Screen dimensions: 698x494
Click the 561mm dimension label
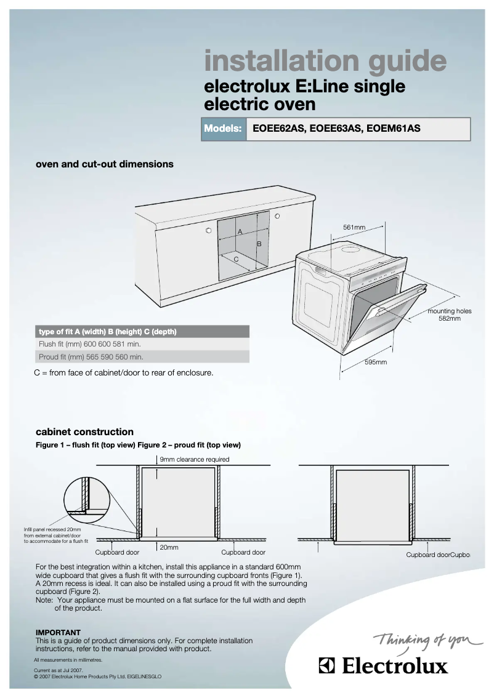tap(354, 228)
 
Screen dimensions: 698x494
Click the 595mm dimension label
tap(375, 363)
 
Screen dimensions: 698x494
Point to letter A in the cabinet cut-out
tap(240, 231)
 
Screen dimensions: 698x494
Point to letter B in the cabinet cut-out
tap(259, 244)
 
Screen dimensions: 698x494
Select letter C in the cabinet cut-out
tap(236, 259)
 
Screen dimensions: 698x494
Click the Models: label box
tap(223, 129)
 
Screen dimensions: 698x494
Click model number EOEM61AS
tap(393, 129)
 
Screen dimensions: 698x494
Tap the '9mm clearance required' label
tap(195, 459)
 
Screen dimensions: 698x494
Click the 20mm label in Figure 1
tap(169, 547)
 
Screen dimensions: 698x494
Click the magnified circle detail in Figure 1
tap(86, 495)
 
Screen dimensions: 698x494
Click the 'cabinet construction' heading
tap(84, 431)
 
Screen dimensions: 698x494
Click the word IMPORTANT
tap(58, 632)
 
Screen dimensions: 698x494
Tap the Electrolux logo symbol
tap(327, 666)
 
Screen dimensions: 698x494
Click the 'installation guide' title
tap(325, 62)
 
